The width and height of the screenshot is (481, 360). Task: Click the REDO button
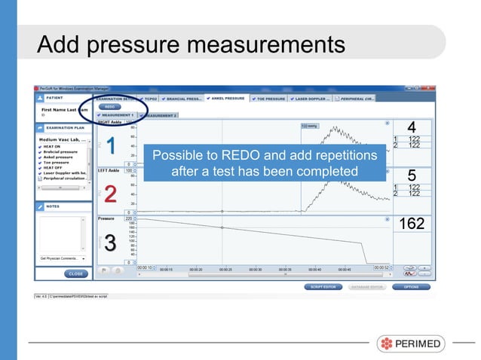coord(109,107)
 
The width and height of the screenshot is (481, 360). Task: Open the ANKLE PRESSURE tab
coord(224,98)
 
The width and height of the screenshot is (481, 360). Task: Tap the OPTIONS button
coord(411,286)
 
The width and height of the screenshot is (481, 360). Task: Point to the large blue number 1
coord(110,145)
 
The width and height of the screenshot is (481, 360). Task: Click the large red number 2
coord(110,194)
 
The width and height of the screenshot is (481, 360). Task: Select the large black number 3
coord(110,243)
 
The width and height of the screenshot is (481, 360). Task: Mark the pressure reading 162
coord(411,224)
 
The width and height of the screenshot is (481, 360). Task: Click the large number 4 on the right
coord(411,127)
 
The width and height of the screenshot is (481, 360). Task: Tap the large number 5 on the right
coord(411,175)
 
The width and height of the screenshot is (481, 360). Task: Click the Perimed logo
coord(411,343)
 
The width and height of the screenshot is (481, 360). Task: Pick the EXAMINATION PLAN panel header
coord(63,128)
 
